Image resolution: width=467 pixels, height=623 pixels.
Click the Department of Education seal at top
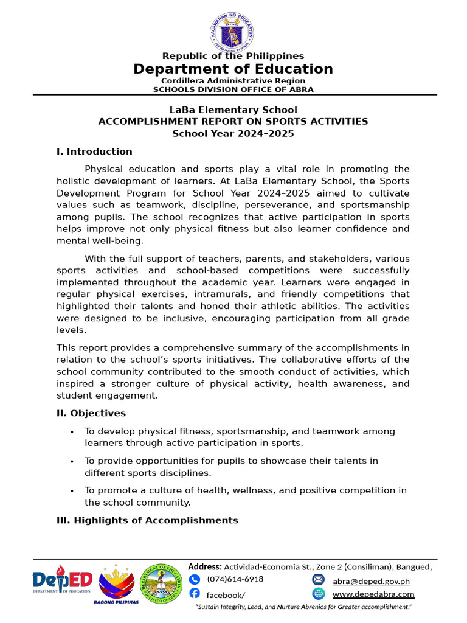click(x=233, y=29)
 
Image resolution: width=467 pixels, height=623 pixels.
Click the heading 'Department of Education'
click(x=233, y=69)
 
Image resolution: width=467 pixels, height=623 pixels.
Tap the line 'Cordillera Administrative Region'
click(x=233, y=81)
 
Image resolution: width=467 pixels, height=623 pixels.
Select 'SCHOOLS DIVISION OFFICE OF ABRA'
click(x=233, y=89)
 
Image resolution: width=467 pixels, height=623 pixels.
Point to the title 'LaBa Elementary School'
click(x=233, y=110)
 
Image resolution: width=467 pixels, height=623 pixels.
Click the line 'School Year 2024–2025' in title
click(x=233, y=133)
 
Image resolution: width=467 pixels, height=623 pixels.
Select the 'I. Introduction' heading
click(x=94, y=151)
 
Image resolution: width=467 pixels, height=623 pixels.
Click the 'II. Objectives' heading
click(x=91, y=413)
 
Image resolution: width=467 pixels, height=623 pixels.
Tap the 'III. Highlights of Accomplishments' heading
click(x=147, y=520)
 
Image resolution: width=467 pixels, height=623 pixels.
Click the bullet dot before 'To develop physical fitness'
click(x=72, y=432)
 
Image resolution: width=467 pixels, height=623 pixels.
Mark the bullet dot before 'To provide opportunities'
click(x=72, y=462)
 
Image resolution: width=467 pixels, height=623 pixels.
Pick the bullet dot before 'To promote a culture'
click(x=72, y=491)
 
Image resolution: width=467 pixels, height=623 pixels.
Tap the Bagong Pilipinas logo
click(x=116, y=583)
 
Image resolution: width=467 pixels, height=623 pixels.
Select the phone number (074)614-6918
click(x=235, y=579)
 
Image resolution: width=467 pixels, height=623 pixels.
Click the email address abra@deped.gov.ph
click(x=371, y=582)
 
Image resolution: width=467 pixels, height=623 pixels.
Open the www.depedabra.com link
click(x=373, y=594)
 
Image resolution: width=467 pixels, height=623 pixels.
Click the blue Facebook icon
click(x=195, y=593)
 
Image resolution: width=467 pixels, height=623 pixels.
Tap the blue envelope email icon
click(x=319, y=579)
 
